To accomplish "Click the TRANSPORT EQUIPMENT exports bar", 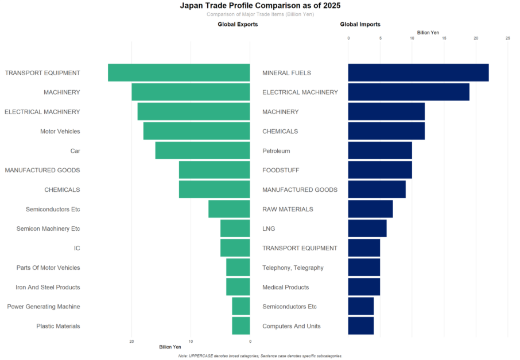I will (x=179, y=73).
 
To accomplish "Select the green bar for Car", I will (x=203, y=151).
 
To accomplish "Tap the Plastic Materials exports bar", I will (x=241, y=326).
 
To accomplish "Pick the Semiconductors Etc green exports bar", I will (x=229, y=210).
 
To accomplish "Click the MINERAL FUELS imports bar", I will (x=418, y=73).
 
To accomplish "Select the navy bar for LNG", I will (x=367, y=229).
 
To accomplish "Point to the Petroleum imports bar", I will (x=380, y=151).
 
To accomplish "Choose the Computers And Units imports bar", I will (x=361, y=326).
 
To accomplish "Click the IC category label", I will (x=77, y=249).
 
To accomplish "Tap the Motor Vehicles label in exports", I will (x=60, y=131).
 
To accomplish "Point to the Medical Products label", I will (x=285, y=287).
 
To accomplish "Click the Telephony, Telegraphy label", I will (x=293, y=268).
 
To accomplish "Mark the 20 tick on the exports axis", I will (x=132, y=341).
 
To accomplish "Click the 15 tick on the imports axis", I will (x=444, y=38).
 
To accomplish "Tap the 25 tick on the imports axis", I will (x=508, y=38).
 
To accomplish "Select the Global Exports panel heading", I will (x=238, y=25).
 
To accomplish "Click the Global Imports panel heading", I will (x=360, y=25).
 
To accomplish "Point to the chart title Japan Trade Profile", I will (x=260, y=6).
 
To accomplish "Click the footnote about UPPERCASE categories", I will (x=260, y=356).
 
